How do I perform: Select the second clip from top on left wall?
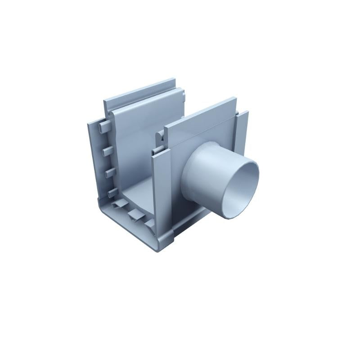[x=108, y=150]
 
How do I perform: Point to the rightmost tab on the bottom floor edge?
[x=148, y=221]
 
